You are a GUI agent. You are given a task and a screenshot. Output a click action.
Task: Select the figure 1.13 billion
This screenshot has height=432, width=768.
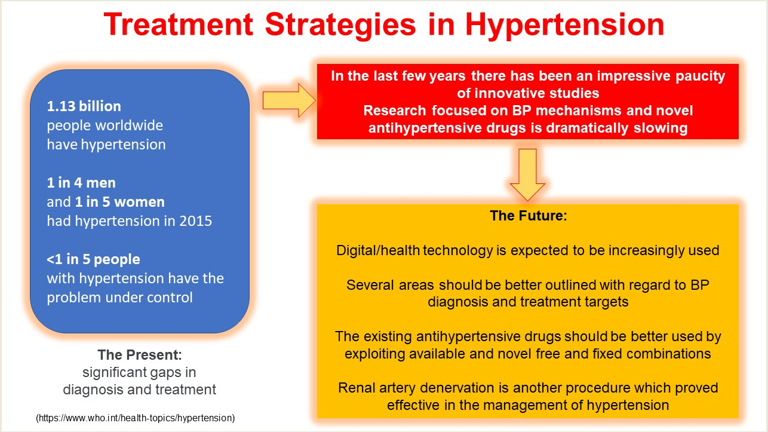[x=84, y=106]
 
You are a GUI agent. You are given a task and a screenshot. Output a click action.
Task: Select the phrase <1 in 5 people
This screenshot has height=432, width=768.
[x=94, y=259]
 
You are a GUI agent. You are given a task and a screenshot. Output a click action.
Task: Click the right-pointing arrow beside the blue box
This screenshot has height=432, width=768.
[x=288, y=100]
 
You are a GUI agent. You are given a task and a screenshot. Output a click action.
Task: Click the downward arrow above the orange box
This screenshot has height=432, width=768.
[x=527, y=174]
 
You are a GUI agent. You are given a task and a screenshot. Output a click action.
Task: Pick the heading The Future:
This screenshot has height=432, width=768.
[x=528, y=216]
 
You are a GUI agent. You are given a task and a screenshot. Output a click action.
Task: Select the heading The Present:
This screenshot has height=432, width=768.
[x=140, y=355]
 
